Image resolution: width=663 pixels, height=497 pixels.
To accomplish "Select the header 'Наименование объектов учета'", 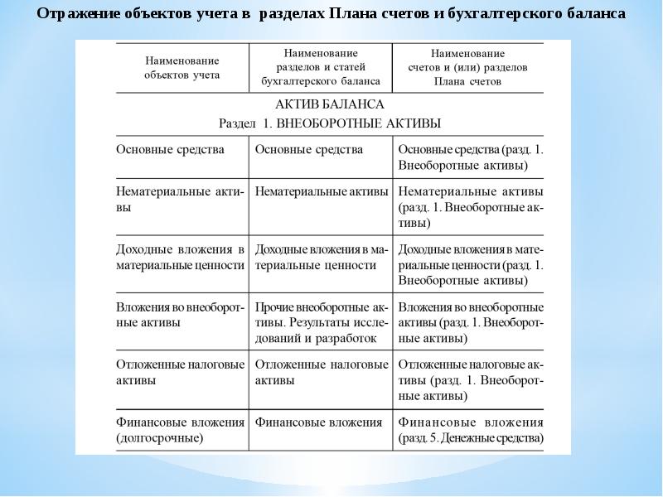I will click(x=181, y=68).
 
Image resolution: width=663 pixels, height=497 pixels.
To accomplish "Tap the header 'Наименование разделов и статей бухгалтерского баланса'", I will click(x=320, y=67).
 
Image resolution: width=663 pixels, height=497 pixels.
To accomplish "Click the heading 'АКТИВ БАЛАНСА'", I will click(x=329, y=105).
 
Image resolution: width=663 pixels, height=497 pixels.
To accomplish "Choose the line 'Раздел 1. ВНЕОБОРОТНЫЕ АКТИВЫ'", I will click(x=329, y=123).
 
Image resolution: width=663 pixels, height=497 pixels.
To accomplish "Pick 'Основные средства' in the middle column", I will click(x=309, y=150).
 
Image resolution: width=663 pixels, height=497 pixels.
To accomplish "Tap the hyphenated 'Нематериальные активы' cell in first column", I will click(x=180, y=199).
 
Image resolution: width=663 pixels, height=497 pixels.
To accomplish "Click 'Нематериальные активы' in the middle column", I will click(x=322, y=191).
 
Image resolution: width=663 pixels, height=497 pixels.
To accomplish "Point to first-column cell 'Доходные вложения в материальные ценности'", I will click(x=180, y=257).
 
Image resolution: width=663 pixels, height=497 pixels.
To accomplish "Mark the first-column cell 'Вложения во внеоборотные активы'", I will click(x=180, y=314).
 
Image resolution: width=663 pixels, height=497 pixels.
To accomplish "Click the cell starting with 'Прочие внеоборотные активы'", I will click(x=322, y=322).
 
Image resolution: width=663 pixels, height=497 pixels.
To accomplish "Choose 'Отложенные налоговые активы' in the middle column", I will click(x=322, y=372).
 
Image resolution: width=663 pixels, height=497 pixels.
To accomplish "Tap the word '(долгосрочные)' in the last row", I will click(x=161, y=438).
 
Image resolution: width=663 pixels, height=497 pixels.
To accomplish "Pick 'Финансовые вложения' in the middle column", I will click(x=319, y=422).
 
